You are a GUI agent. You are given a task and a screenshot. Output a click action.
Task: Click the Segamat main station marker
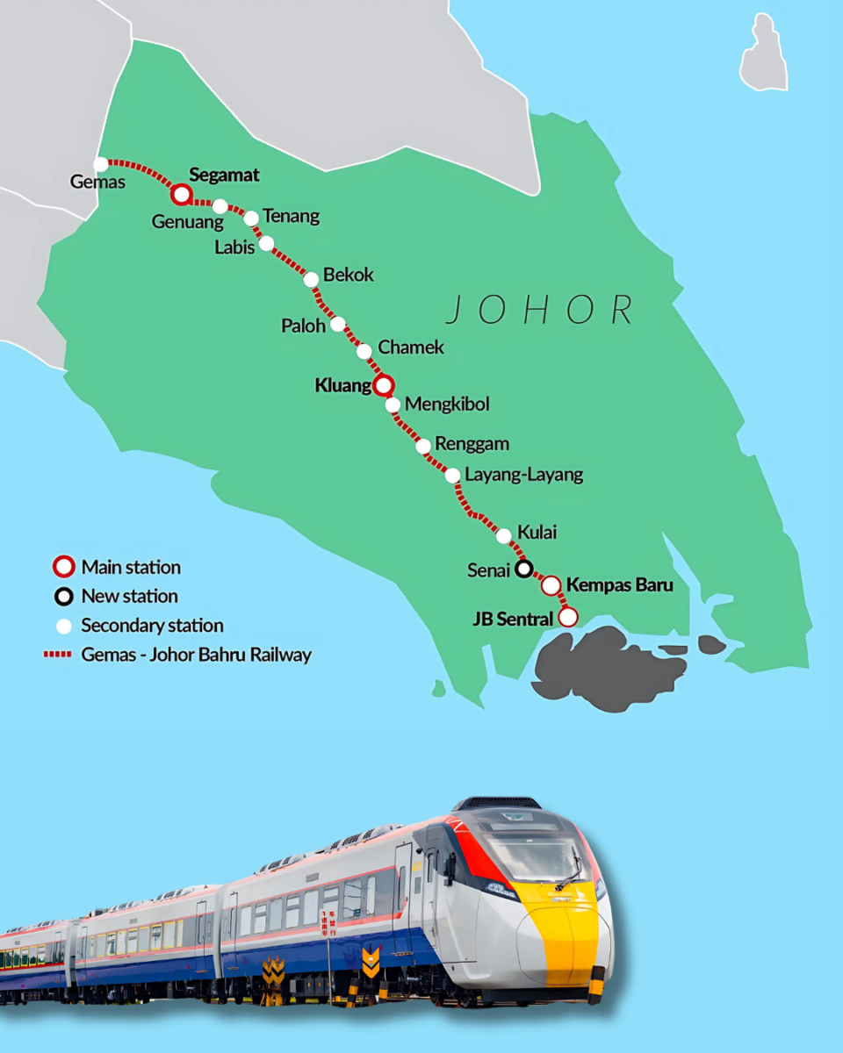tap(181, 194)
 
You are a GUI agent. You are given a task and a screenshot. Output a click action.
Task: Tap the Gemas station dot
tap(101, 164)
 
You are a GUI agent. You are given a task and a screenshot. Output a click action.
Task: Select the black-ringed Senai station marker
tap(523, 569)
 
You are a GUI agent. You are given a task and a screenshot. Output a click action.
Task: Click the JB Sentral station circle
tap(568, 617)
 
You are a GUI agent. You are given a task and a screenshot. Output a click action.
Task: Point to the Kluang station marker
tap(384, 385)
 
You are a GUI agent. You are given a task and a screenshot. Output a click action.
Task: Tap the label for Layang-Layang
tap(523, 476)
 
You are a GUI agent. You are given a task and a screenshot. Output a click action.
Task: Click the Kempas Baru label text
tap(619, 584)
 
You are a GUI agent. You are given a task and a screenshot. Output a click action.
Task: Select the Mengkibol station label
tap(446, 405)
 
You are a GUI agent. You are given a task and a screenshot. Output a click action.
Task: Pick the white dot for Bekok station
tap(311, 279)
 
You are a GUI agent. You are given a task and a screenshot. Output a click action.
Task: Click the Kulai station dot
tap(504, 535)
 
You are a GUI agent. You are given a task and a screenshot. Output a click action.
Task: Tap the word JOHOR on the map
tap(539, 311)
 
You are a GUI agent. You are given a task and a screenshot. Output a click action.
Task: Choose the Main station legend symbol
tap(63, 568)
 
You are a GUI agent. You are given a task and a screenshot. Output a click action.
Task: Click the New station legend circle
tap(63, 597)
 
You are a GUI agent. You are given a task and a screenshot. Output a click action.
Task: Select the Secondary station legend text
tap(152, 626)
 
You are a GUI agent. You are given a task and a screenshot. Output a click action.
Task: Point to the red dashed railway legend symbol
tap(57, 655)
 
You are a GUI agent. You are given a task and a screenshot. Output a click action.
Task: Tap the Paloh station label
tap(303, 326)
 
